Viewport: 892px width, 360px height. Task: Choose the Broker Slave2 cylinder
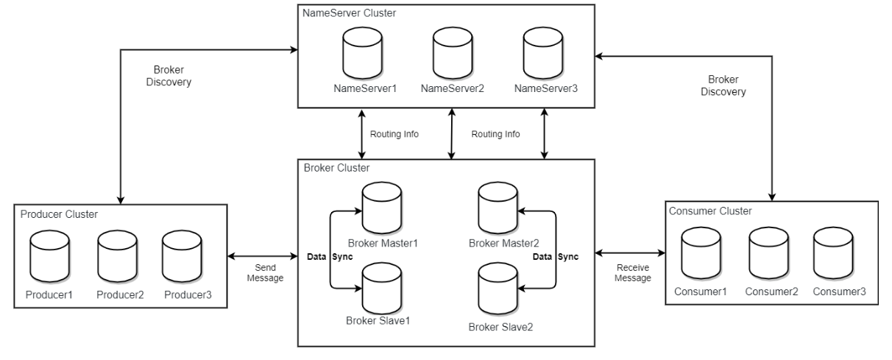pyautogui.click(x=498, y=289)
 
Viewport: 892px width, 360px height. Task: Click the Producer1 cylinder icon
pyautogui.click(x=49, y=253)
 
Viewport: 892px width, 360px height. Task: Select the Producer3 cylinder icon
pyautogui.click(x=183, y=253)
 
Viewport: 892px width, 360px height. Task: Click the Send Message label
pyautogui.click(x=265, y=272)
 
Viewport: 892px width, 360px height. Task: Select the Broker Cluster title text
pyautogui.click(x=336, y=169)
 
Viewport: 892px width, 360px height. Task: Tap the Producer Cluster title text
pyautogui.click(x=60, y=213)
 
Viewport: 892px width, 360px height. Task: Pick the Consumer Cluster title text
pyautogui.click(x=710, y=211)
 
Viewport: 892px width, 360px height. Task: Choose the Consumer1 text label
pyautogui.click(x=701, y=292)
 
